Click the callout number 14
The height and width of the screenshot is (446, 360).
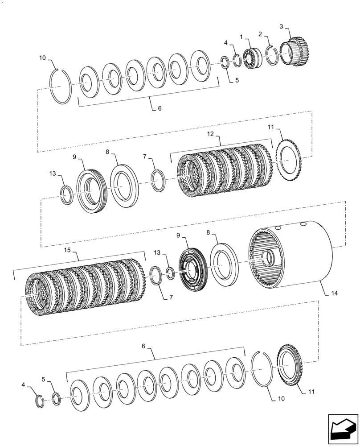[x=335, y=294]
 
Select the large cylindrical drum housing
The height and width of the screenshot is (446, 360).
[x=294, y=256]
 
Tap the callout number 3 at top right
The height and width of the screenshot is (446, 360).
[x=282, y=27]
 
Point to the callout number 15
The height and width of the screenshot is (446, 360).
[x=68, y=251]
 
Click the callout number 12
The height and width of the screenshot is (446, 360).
[x=210, y=134]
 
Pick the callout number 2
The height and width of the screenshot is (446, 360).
[x=260, y=34]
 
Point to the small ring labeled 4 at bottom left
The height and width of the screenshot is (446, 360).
[x=40, y=401]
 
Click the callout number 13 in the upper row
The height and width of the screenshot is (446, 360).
[x=53, y=173]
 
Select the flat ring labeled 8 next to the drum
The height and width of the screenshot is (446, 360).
[x=222, y=264]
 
